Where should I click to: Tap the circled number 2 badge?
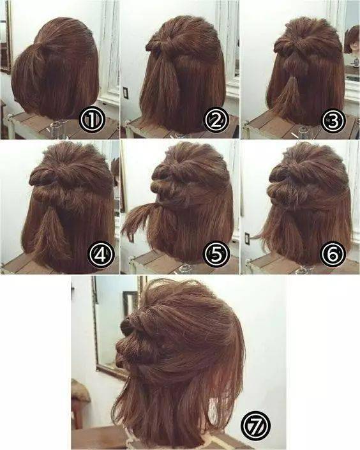tap(216, 121)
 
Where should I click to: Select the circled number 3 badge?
tap(333, 121)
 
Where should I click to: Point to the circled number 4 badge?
tap(101, 254)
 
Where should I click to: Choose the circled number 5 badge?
tap(216, 253)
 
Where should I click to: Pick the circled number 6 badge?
tap(333, 253)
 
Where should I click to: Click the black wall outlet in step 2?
tap(126, 92)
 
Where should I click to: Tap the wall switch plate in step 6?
tap(248, 238)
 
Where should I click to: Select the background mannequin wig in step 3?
tap(352, 40)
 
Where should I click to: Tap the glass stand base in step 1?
tap(59, 128)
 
